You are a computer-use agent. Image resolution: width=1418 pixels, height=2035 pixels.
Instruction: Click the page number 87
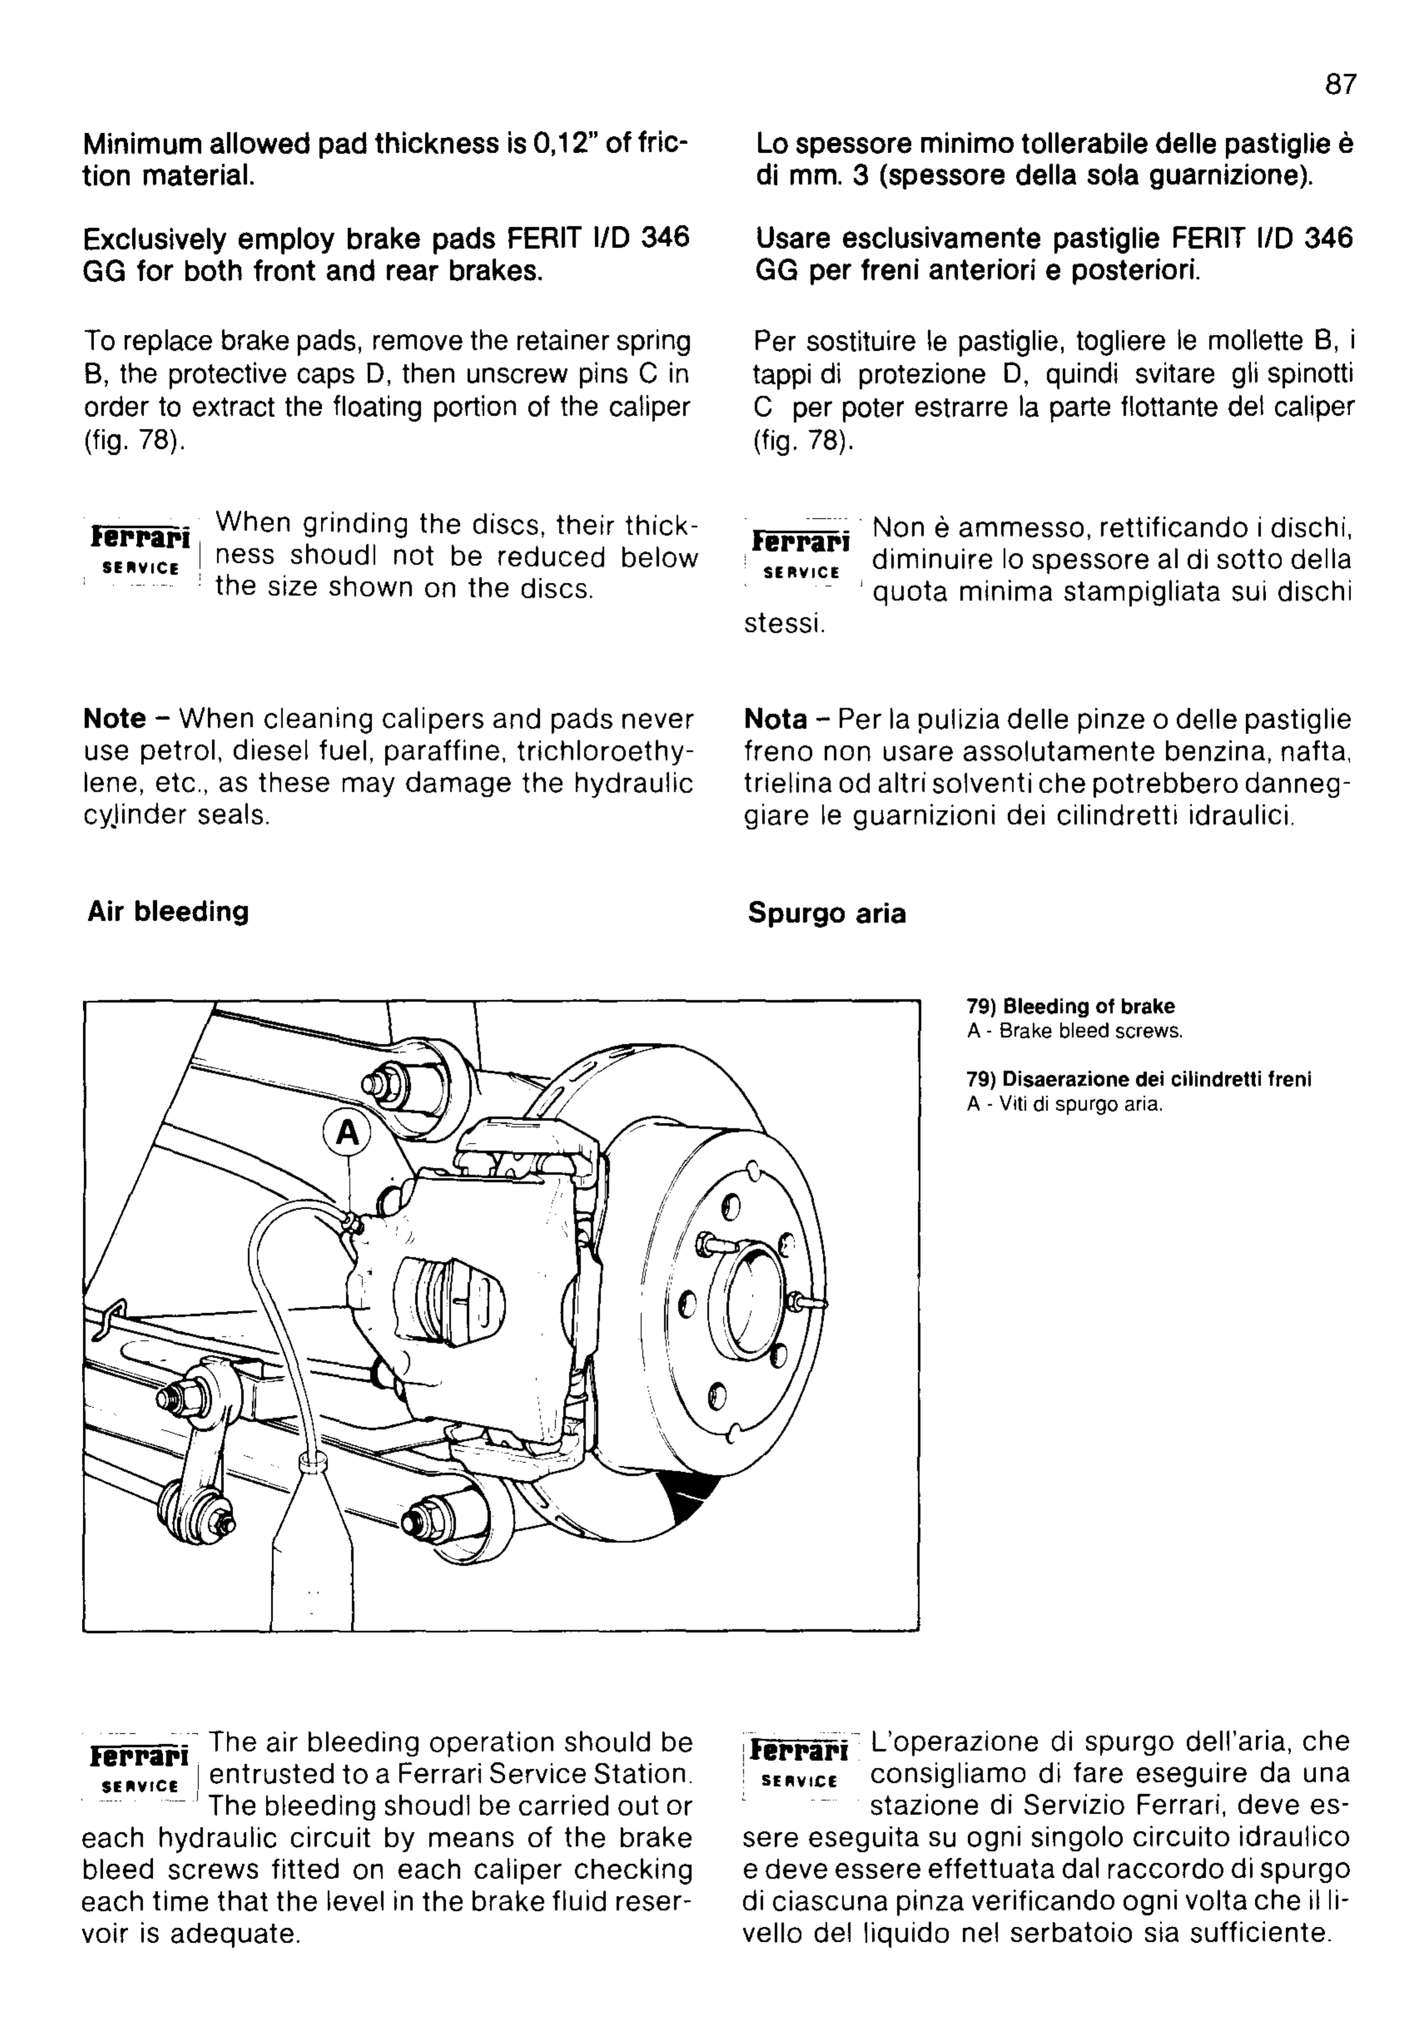click(1340, 85)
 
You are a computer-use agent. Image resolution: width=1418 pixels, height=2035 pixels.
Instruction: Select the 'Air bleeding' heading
click(168, 912)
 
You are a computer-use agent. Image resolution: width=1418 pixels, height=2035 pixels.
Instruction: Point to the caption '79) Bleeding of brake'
click(1070, 1007)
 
